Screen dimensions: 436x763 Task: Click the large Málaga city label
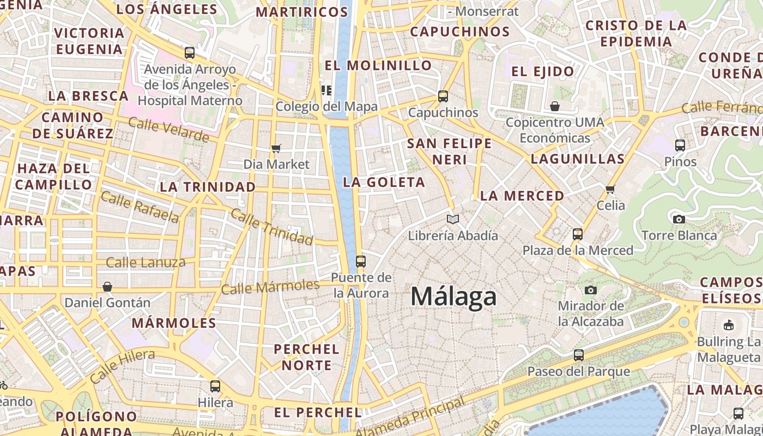coord(453,297)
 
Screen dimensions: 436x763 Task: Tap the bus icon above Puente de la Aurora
coord(360,261)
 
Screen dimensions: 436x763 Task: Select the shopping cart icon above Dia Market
coord(276,148)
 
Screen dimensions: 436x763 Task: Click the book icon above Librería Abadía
coord(452,219)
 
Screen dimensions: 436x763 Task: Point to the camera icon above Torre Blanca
coord(679,219)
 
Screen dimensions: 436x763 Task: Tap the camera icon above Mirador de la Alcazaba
coord(591,290)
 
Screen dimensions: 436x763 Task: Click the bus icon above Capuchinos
coord(443,96)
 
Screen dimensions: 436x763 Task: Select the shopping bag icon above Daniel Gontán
coord(107,287)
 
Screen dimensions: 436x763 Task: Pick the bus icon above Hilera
coord(215,386)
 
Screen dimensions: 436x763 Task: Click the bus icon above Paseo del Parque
coord(579,355)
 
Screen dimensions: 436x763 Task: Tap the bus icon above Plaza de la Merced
coord(578,234)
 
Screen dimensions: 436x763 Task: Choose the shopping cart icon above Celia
coord(610,189)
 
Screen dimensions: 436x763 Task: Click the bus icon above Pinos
coord(680,146)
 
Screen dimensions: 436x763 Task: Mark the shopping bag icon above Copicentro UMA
coord(555,106)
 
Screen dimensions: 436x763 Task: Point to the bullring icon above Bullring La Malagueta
coord(728,325)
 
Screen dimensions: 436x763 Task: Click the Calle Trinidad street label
coord(272,226)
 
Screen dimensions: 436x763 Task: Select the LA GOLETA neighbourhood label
coord(384,182)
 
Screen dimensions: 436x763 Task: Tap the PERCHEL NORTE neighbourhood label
coord(306,357)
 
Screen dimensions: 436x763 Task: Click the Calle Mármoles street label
coord(270,286)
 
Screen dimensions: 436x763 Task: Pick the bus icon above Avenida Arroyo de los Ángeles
coord(190,53)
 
